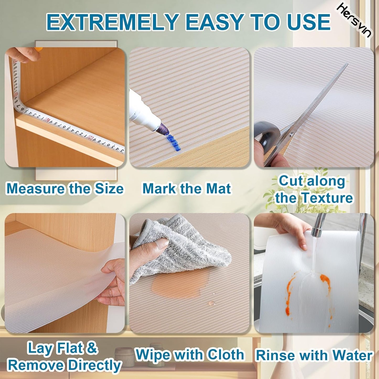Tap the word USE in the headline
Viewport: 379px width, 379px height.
pos(306,22)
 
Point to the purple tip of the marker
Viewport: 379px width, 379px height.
pos(164,129)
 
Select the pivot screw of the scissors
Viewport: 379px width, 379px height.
pos(291,135)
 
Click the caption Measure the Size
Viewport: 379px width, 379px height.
pos(65,189)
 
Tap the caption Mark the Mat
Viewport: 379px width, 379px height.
pos(186,189)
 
